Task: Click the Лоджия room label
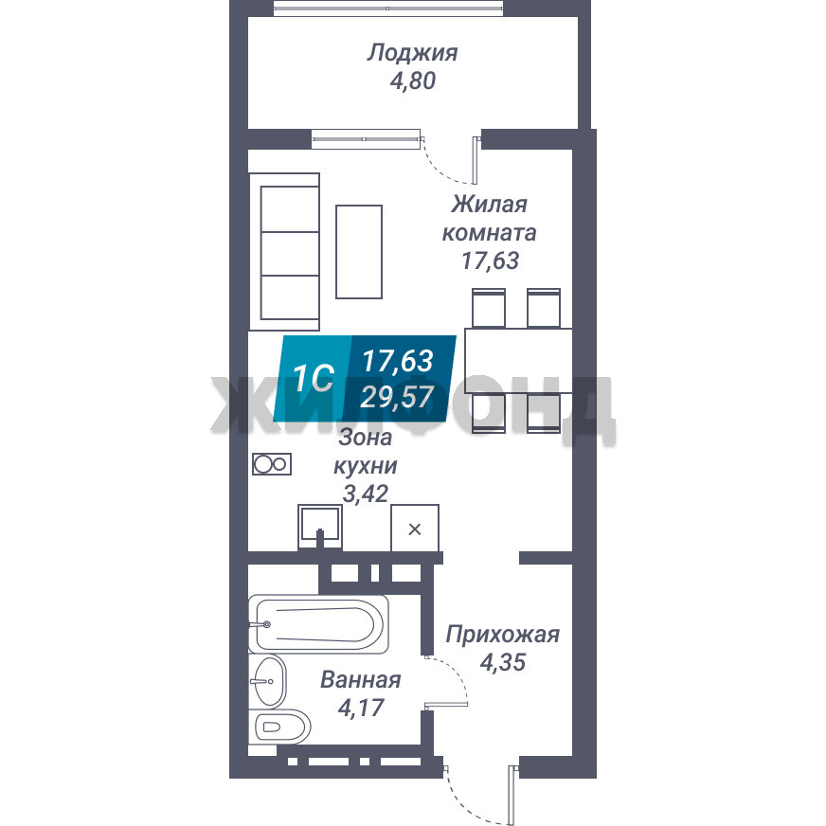(x=412, y=53)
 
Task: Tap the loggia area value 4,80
(x=413, y=81)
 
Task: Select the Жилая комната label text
(x=490, y=218)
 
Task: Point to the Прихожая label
(x=503, y=635)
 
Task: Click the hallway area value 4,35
(x=503, y=662)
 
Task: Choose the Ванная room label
(x=361, y=680)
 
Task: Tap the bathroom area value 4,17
(x=361, y=708)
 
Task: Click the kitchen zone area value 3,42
(x=366, y=494)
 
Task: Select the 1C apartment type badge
(x=314, y=378)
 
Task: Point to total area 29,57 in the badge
(x=397, y=397)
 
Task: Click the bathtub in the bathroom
(x=318, y=624)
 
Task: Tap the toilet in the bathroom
(x=279, y=727)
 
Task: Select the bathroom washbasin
(x=268, y=681)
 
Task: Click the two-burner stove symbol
(x=272, y=464)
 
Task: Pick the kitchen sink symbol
(x=319, y=527)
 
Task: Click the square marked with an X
(x=415, y=529)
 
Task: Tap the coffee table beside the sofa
(x=359, y=252)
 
